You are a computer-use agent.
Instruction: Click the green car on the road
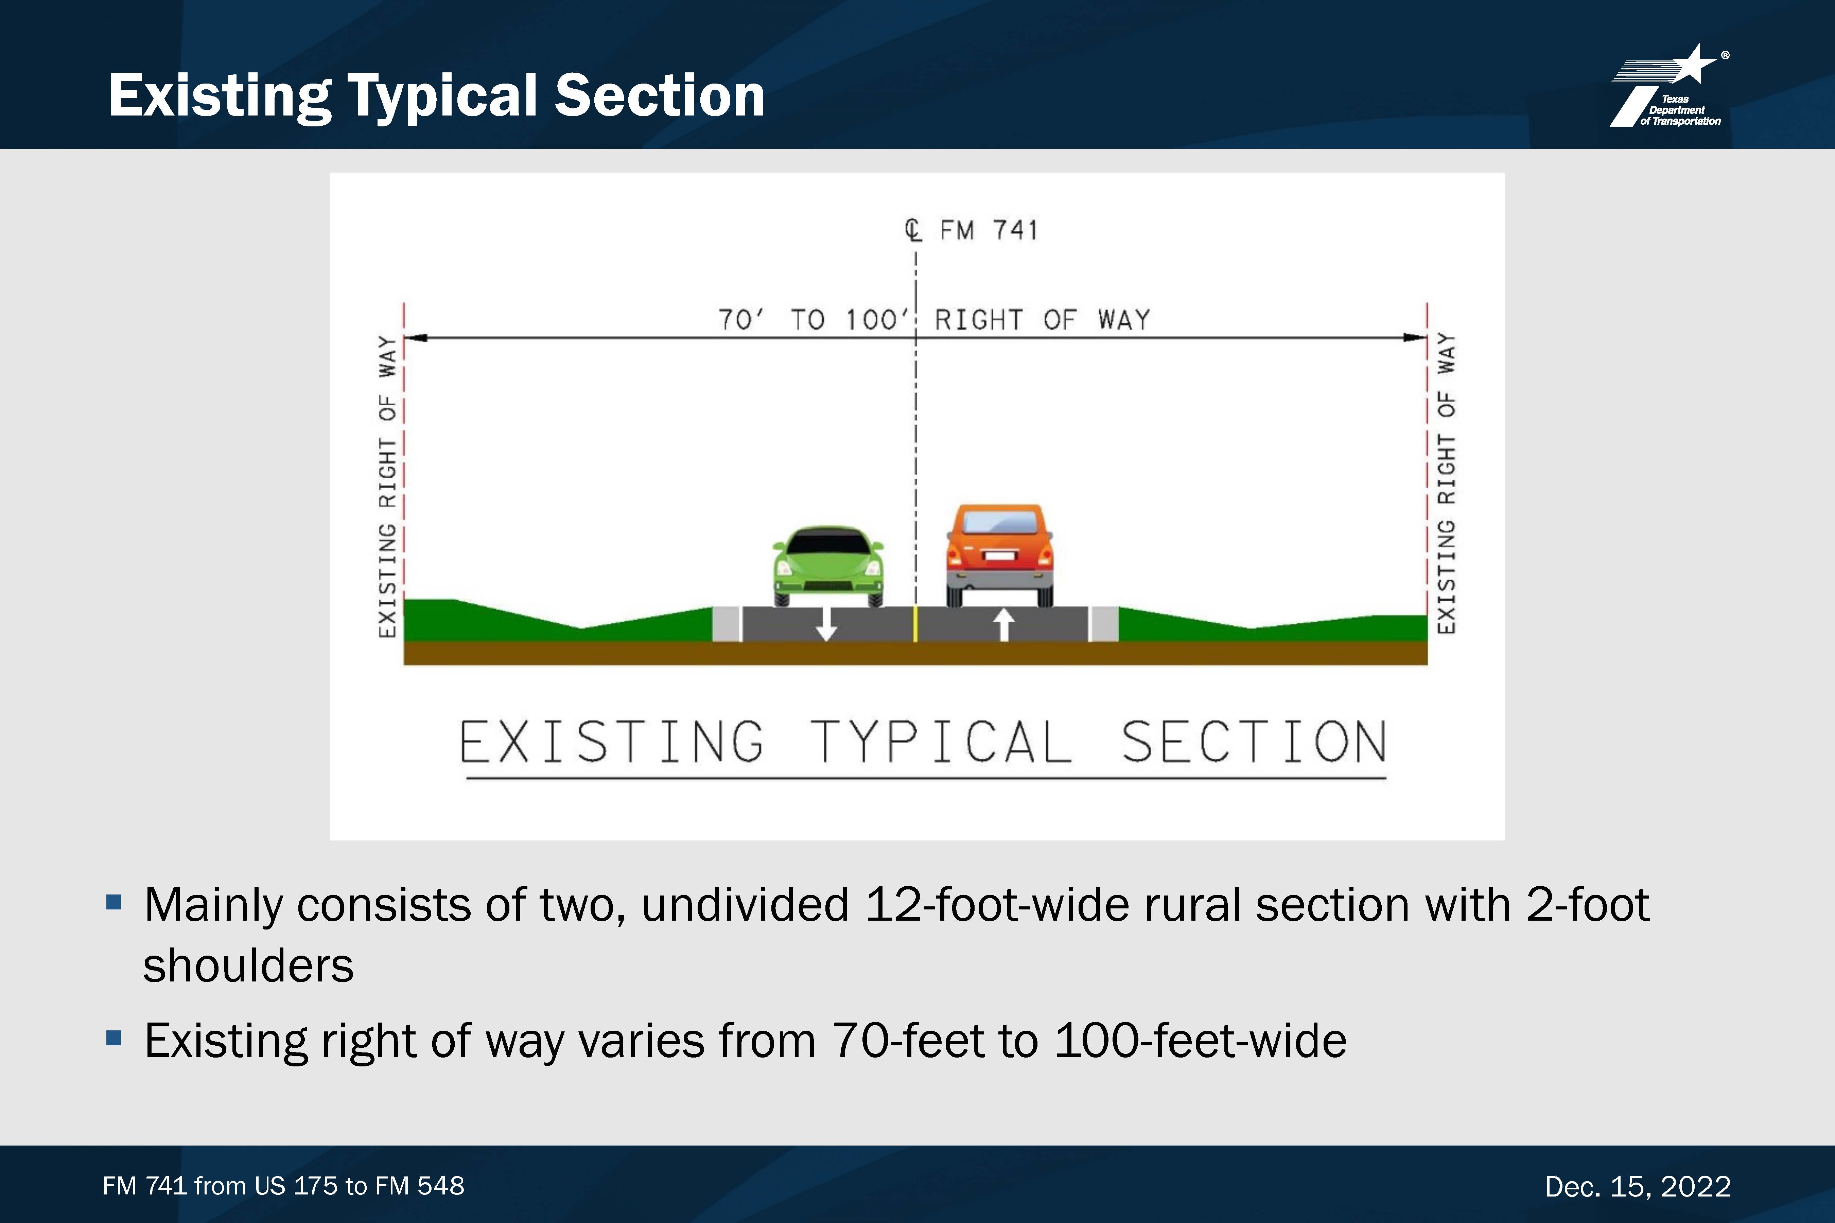[828, 566]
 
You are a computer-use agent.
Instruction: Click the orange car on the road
[999, 554]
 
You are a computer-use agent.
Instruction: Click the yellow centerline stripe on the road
[915, 624]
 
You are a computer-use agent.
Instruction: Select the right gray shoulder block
[1103, 624]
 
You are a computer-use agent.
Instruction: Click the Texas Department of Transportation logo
[1670, 86]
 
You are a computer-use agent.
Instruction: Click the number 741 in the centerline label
[1015, 230]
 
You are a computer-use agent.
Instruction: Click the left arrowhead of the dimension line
[415, 338]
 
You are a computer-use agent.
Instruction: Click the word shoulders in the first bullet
[248, 965]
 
